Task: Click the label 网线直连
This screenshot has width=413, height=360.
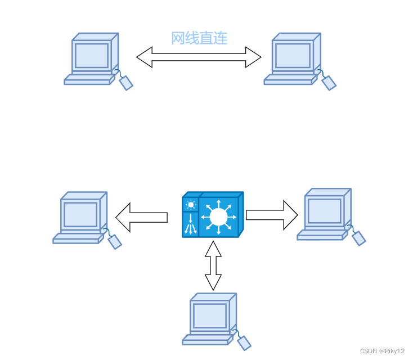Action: click(x=199, y=38)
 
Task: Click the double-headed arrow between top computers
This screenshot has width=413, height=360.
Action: click(x=199, y=57)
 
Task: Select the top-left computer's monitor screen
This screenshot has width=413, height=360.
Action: click(x=91, y=55)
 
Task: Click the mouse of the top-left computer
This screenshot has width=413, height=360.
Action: click(x=127, y=83)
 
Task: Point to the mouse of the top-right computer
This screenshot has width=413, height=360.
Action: click(x=329, y=83)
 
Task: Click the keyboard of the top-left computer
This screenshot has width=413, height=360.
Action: click(x=88, y=80)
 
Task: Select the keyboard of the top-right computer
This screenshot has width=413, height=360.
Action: click(x=288, y=80)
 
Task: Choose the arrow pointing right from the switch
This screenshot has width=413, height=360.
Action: click(x=272, y=214)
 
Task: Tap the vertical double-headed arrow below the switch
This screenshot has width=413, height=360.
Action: click(x=213, y=265)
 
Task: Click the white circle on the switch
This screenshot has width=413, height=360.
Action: click(x=218, y=216)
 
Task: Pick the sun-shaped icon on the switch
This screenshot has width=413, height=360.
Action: click(x=191, y=205)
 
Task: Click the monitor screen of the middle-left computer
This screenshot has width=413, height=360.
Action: click(x=80, y=214)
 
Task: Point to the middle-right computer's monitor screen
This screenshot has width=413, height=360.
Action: click(x=324, y=210)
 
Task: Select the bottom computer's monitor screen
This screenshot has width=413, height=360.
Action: click(x=209, y=315)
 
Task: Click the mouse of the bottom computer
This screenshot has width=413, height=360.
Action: click(x=244, y=342)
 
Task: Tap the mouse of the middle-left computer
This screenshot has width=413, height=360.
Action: click(x=115, y=241)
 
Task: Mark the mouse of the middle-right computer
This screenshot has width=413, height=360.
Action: click(x=359, y=238)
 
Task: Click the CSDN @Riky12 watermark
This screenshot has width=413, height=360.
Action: click(x=382, y=350)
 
